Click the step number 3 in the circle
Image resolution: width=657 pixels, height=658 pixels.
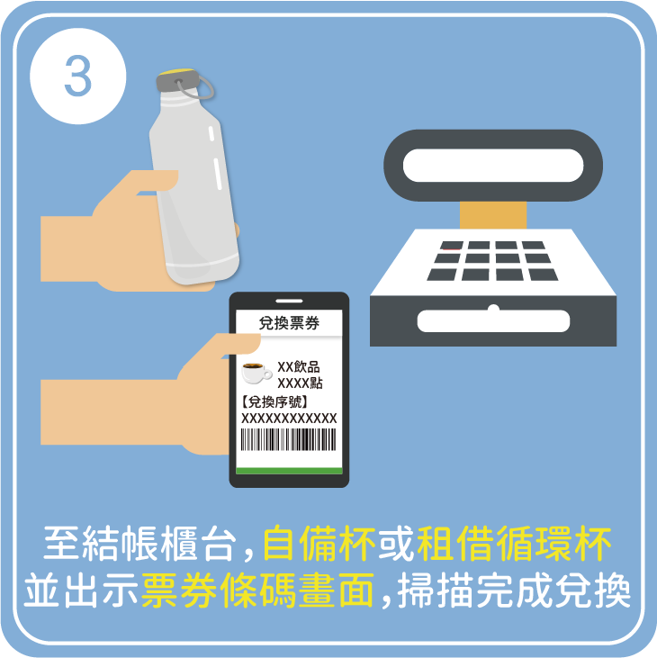click(x=77, y=78)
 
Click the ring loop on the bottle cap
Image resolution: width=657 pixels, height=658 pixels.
click(x=204, y=87)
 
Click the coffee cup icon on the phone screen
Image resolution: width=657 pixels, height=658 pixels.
click(x=256, y=373)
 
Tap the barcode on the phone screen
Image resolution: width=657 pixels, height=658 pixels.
click(x=288, y=441)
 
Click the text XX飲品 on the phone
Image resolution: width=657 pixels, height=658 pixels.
click(x=299, y=366)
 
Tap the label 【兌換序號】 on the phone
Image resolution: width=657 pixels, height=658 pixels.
click(x=275, y=401)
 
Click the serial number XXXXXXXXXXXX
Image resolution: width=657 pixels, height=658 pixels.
click(x=289, y=419)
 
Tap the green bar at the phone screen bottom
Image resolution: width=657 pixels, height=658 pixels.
click(x=288, y=471)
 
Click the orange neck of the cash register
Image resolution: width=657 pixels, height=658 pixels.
click(x=492, y=215)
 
